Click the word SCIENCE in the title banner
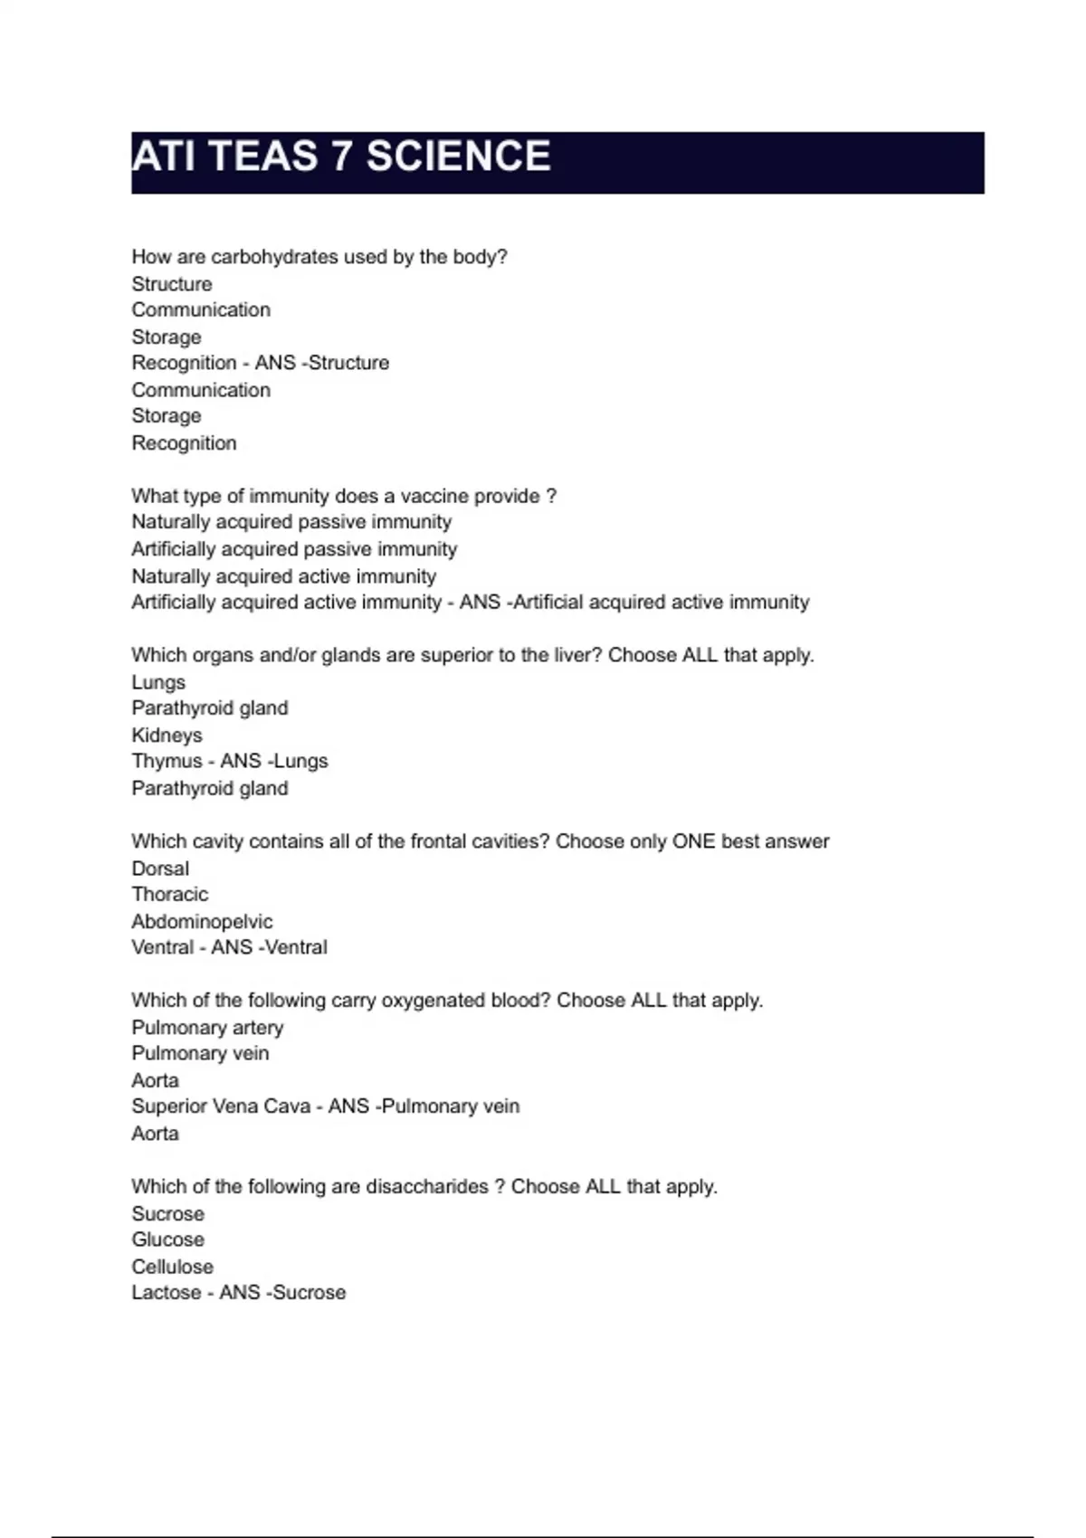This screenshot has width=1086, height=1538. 458,157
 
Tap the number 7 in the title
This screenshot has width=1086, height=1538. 341,157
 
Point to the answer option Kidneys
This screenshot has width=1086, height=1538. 167,736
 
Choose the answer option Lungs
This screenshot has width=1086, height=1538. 158,682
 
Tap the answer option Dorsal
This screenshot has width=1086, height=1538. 160,869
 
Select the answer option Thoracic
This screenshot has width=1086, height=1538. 169,895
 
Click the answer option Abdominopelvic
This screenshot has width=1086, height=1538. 202,922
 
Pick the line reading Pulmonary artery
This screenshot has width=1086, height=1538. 207,1028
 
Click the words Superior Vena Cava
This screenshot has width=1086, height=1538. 221,1106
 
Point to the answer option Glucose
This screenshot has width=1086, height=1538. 167,1239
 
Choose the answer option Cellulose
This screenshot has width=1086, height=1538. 172,1267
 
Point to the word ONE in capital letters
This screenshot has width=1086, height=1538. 693,841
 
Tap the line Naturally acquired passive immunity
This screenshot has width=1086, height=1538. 291,522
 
